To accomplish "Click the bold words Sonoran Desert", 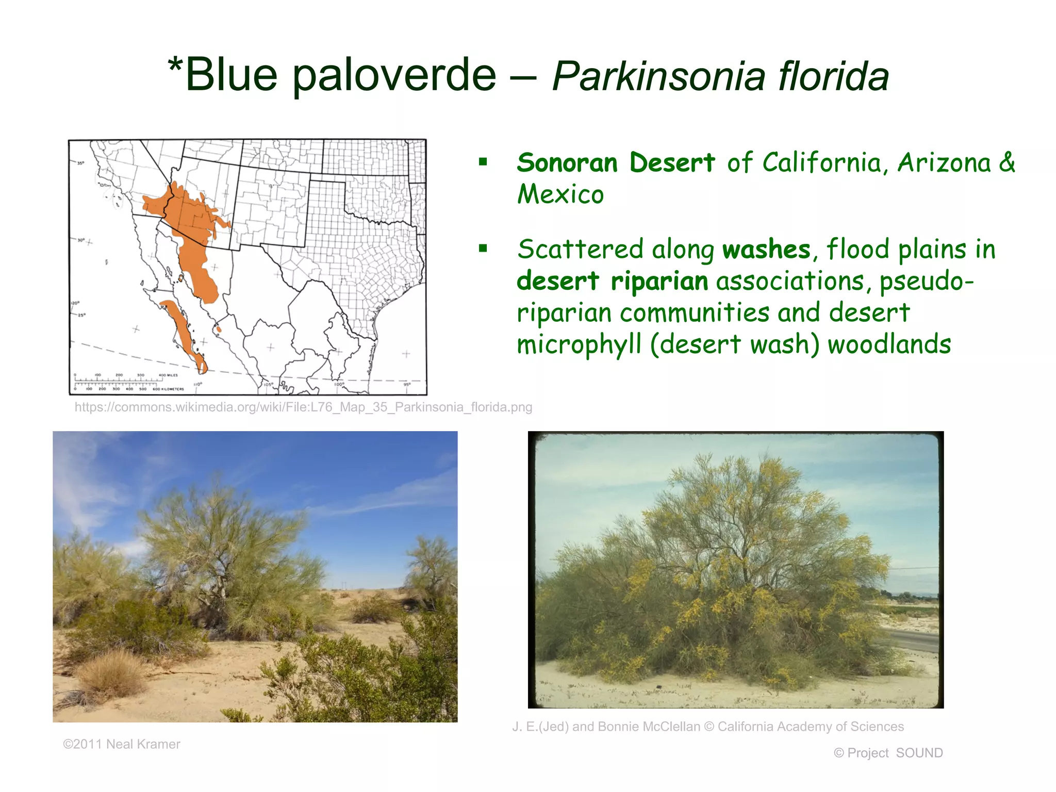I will click(616, 163).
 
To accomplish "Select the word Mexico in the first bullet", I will click(560, 194).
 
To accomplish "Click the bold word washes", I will click(766, 250).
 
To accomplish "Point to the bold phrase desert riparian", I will click(612, 282).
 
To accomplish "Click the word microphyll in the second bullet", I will click(579, 344).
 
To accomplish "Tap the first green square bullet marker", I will click(483, 162).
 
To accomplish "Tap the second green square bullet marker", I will click(483, 249).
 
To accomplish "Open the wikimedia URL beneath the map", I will click(303, 407).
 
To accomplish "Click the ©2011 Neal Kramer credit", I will click(122, 744).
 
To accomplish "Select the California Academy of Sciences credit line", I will click(708, 727).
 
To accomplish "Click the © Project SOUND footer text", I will click(888, 753).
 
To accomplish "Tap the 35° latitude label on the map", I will click(80, 163).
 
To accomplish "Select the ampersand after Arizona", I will click(1006, 163).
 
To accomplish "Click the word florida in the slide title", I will click(833, 76).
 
